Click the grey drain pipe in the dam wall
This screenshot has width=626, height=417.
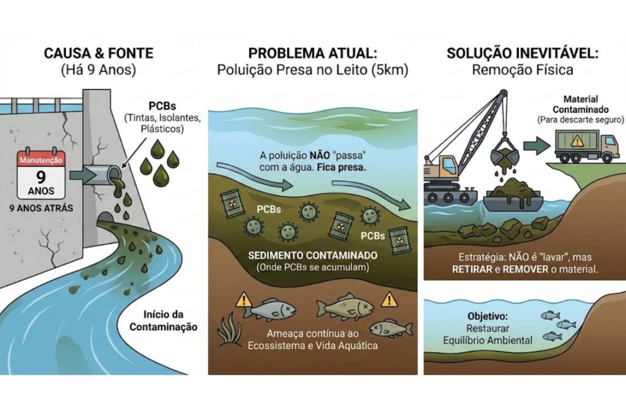pyautogui.click(x=103, y=173)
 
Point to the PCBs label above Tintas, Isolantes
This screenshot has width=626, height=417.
pyautogui.click(x=163, y=106)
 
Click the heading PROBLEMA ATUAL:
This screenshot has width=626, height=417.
pyautogui.click(x=313, y=54)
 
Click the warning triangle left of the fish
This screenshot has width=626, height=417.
pyautogui.click(x=245, y=299)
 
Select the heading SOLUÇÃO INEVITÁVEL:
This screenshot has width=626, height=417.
pyautogui.click(x=523, y=54)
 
